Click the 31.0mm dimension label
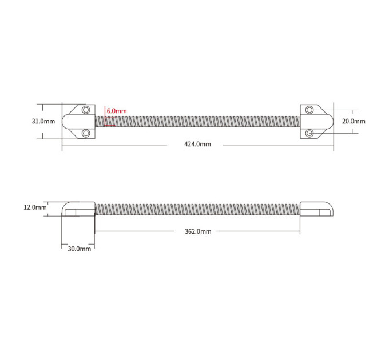click(x=43, y=121)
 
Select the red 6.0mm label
click(x=117, y=111)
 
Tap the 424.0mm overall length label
click(x=197, y=144)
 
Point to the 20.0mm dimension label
click(x=354, y=121)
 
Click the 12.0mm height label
click(x=35, y=207)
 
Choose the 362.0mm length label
click(x=198, y=231)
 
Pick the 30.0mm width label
click(x=80, y=249)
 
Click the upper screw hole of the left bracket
click(x=86, y=110)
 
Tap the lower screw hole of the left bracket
click(x=86, y=134)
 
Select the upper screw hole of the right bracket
click(x=309, y=110)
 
